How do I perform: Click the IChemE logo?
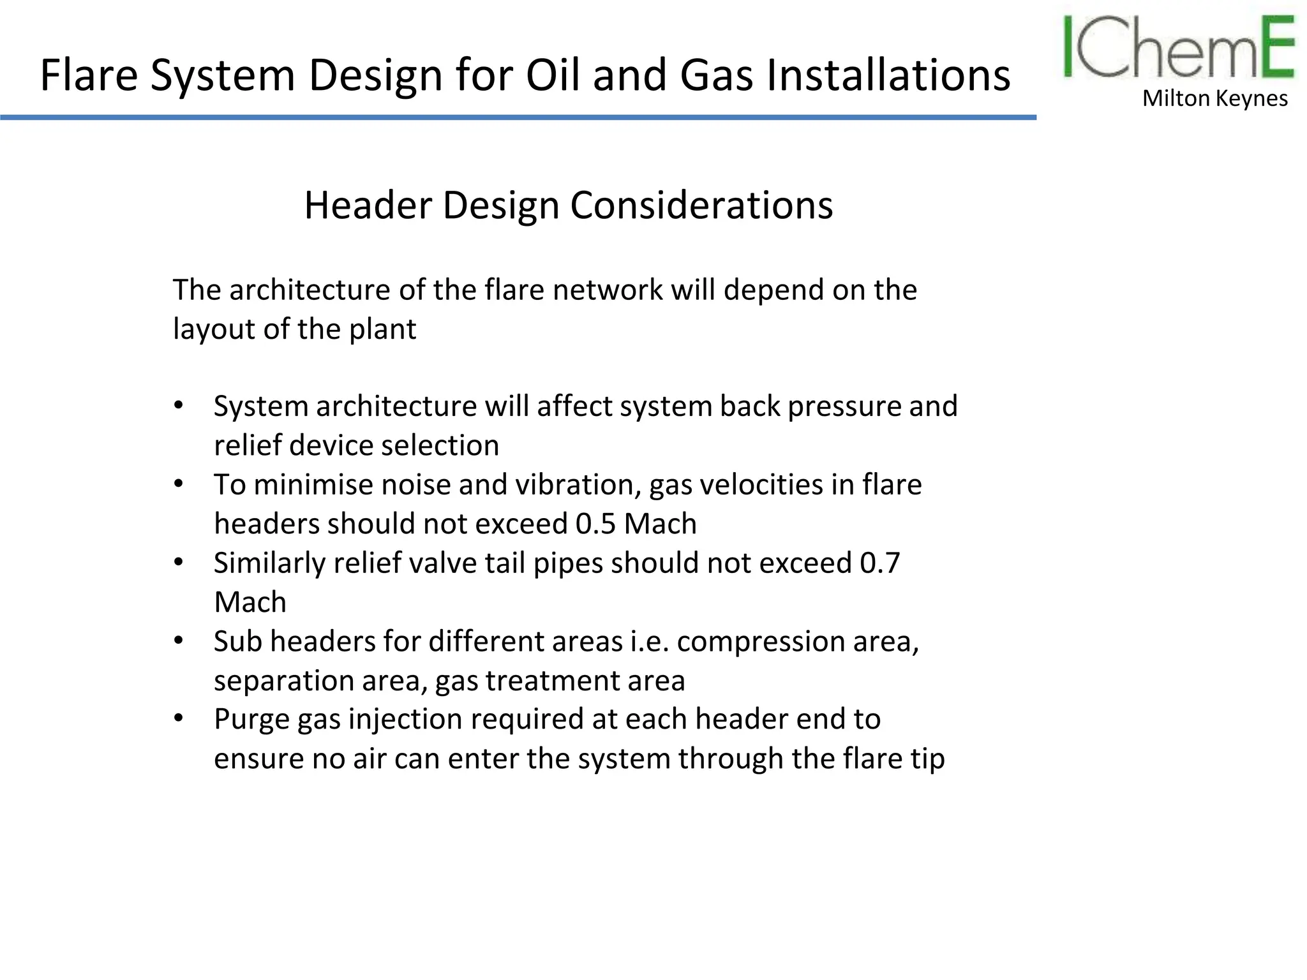click(1178, 48)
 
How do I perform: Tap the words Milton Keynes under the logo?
click(1214, 99)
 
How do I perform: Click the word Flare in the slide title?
click(89, 75)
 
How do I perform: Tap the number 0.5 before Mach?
click(595, 524)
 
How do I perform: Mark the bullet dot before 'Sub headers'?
click(179, 641)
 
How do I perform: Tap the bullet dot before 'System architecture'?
click(179, 406)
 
